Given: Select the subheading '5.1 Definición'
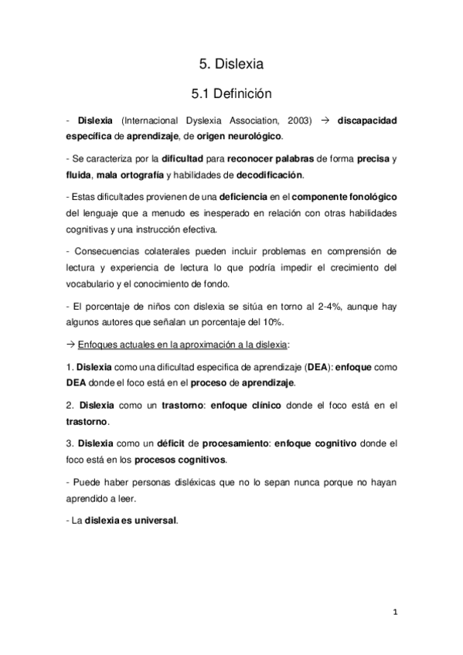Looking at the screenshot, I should pyautogui.click(x=232, y=94).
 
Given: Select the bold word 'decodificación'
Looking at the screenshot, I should pyautogui.click(x=262, y=175).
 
